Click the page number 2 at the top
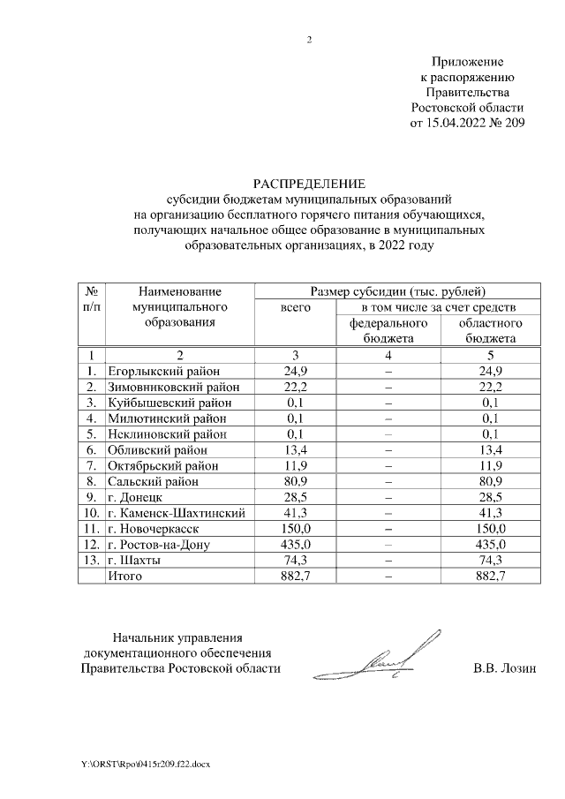pos(309,40)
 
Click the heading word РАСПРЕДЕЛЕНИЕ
pos(309,184)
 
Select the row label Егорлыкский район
pos(163,371)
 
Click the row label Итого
pos(124,577)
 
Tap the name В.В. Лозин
pos(504,668)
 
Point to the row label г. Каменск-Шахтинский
pos(175,513)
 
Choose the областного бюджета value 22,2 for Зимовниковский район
pos(491,387)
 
